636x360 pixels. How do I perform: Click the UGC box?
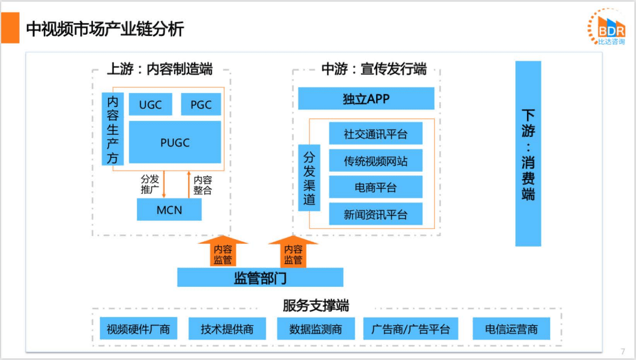(150, 105)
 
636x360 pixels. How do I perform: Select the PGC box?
(201, 105)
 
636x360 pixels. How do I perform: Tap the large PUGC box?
(175, 142)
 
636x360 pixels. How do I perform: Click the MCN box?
(169, 210)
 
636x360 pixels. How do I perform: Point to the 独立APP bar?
(366, 99)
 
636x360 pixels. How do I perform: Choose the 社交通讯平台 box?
(375, 134)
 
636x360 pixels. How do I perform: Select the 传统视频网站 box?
(375, 161)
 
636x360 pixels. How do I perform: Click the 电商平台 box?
(375, 188)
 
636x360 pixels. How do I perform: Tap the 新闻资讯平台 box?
(375, 214)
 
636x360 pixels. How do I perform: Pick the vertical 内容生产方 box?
(113, 129)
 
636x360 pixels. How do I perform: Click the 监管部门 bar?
(260, 278)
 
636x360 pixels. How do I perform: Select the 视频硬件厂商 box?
(138, 329)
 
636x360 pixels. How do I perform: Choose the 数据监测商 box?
(316, 329)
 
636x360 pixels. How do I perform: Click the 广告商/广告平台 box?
(410, 329)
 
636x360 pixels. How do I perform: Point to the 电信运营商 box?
(511, 329)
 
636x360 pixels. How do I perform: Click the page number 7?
(623, 351)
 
